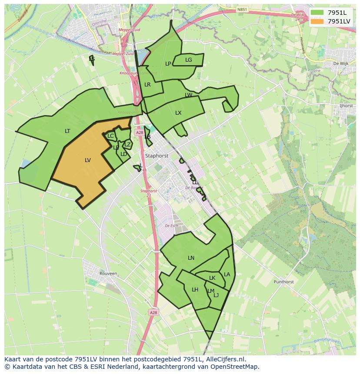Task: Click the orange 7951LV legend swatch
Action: (317, 21)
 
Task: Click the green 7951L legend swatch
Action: (317, 13)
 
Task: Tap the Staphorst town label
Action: (157, 156)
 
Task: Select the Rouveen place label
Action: (108, 274)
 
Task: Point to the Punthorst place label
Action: (283, 282)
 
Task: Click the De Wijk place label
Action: (341, 63)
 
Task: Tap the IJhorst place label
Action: (346, 106)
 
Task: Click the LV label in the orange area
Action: (88, 160)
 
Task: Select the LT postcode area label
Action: (67, 131)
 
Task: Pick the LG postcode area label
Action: (188, 60)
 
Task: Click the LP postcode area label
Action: (168, 64)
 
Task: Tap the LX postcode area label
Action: (178, 113)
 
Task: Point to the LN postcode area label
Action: (191, 258)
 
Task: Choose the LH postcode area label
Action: (195, 290)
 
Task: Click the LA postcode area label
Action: (227, 275)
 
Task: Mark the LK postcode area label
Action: (212, 278)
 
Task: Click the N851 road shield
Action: (242, 9)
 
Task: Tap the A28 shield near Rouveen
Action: (153, 312)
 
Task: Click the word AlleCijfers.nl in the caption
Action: (226, 359)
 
